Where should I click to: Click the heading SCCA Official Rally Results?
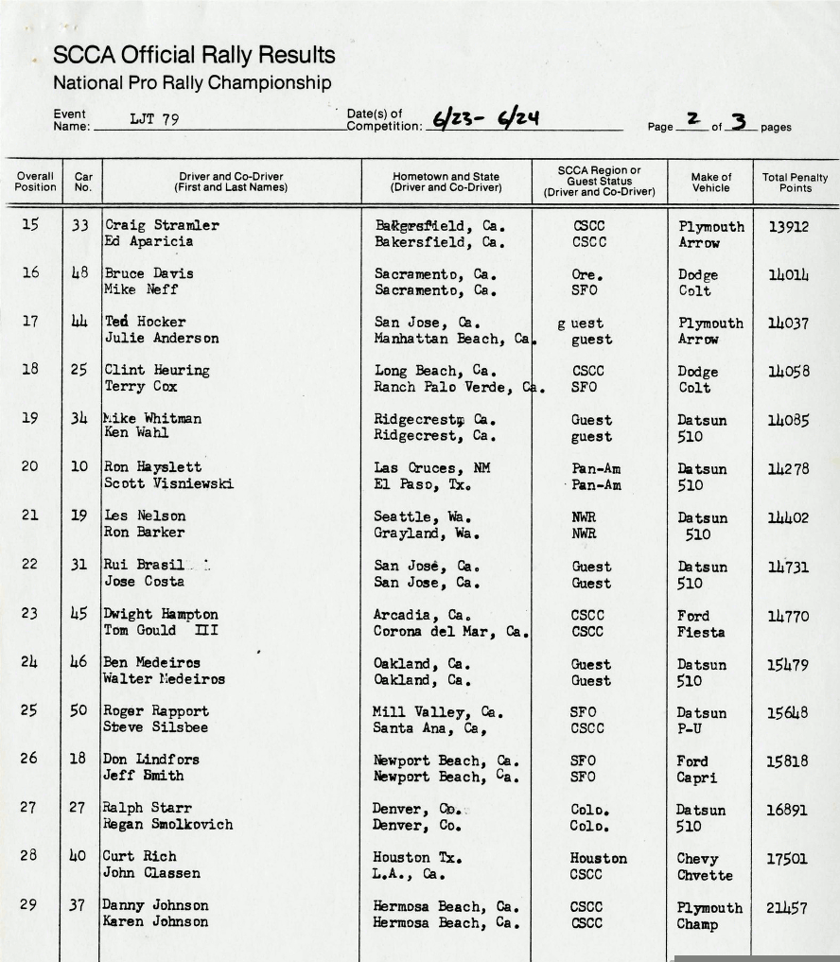pyautogui.click(x=194, y=56)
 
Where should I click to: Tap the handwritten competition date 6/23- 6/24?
pyautogui.click(x=485, y=119)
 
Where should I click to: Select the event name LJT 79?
pyautogui.click(x=154, y=120)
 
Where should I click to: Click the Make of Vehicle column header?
pyautogui.click(x=710, y=182)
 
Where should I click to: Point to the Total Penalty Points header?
pyautogui.click(x=795, y=182)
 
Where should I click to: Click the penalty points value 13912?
pyautogui.click(x=788, y=226)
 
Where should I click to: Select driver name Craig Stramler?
pyautogui.click(x=162, y=226)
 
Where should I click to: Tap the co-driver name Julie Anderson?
pyautogui.click(x=162, y=339)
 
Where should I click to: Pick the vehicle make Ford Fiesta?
pyautogui.click(x=701, y=624)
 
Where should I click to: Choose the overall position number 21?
pyautogui.click(x=29, y=516)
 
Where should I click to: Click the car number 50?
pyautogui.click(x=79, y=710)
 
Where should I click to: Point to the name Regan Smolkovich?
pyautogui.click(x=167, y=824)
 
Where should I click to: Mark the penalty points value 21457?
pyautogui.click(x=787, y=908)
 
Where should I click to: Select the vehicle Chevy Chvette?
pyautogui.click(x=705, y=866)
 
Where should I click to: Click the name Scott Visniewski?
pyautogui.click(x=168, y=484)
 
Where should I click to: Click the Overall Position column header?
pyautogui.click(x=34, y=182)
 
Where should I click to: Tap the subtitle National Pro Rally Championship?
pyautogui.click(x=192, y=83)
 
